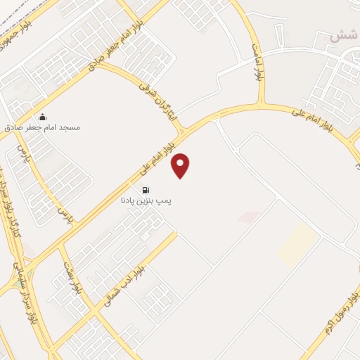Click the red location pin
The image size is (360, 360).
(181, 165)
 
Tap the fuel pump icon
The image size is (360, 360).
(146, 189)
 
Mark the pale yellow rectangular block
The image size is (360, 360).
(297, 244)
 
